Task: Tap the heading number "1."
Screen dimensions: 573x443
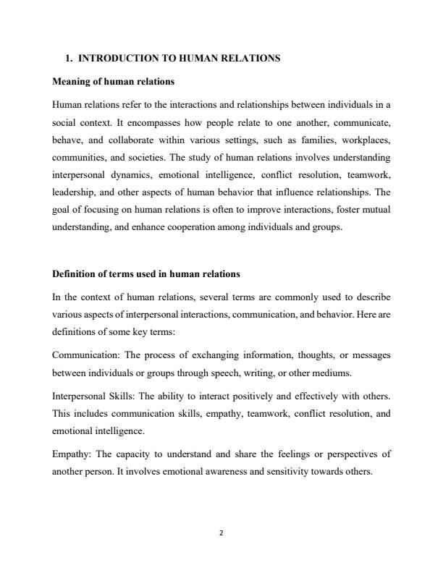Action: click(x=70, y=58)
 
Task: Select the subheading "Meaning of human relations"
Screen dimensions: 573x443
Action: click(x=113, y=80)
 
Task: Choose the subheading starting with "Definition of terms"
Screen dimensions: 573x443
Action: click(x=146, y=274)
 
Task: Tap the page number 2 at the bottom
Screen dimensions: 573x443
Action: click(x=221, y=533)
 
